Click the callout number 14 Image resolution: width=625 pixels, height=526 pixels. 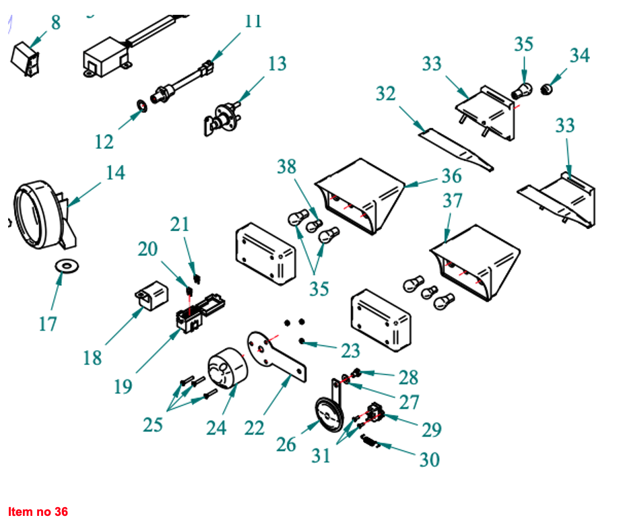[x=115, y=173]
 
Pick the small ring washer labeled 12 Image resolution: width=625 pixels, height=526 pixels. [x=141, y=106]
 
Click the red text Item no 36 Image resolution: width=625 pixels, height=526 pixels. [x=38, y=512]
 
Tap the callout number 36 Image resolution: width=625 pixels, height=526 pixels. [x=452, y=176]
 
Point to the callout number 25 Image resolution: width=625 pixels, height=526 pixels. [x=153, y=426]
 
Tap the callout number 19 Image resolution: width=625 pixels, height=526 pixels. [x=123, y=387]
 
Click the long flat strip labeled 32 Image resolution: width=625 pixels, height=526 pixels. [x=455, y=149]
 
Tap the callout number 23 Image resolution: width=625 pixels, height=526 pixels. [x=350, y=351]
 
